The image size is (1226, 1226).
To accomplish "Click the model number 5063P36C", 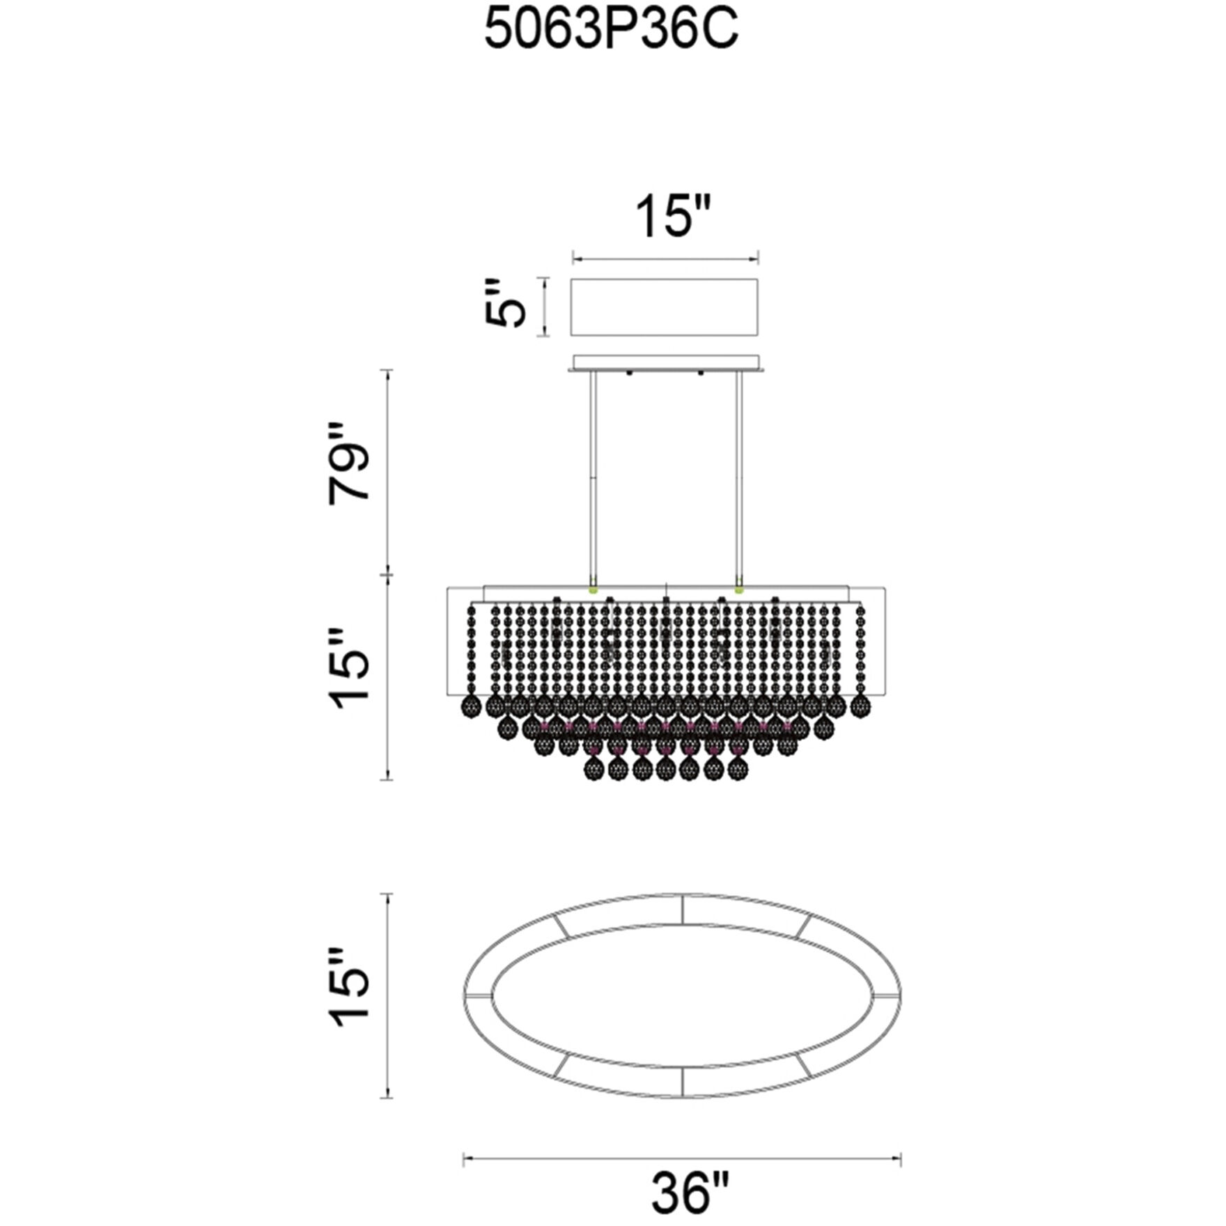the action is point(611,32).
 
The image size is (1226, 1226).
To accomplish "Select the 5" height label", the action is point(503,304).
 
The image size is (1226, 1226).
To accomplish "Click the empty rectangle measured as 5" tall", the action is point(665,307).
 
